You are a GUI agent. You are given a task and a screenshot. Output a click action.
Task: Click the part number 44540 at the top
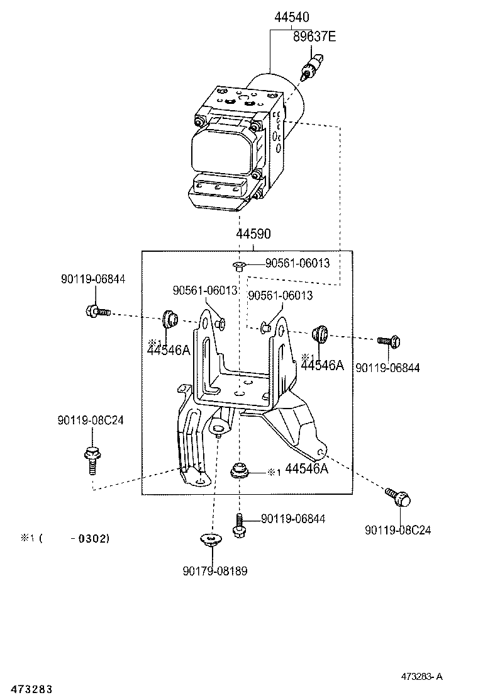pyautogui.click(x=291, y=18)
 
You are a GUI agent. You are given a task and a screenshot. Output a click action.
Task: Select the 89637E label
pyautogui.click(x=314, y=37)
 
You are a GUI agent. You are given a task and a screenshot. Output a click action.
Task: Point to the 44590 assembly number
pyautogui.click(x=253, y=234)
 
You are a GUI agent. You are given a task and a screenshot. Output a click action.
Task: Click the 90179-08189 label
pyautogui.click(x=215, y=571)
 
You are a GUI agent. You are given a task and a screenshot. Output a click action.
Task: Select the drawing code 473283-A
pyautogui.click(x=422, y=677)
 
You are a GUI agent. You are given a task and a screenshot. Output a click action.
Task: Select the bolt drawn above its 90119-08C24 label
pyautogui.click(x=397, y=497)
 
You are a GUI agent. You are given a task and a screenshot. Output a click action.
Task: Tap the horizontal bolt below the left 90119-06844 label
pyautogui.click(x=96, y=310)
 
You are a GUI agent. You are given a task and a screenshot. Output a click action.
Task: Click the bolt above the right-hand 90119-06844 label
pyautogui.click(x=388, y=341)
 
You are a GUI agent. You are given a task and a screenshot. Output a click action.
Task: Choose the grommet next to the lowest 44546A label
pyautogui.click(x=238, y=470)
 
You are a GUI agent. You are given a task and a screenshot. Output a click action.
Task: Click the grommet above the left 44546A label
pyautogui.click(x=169, y=319)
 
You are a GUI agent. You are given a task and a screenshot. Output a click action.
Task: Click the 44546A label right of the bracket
pyautogui.click(x=322, y=364)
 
